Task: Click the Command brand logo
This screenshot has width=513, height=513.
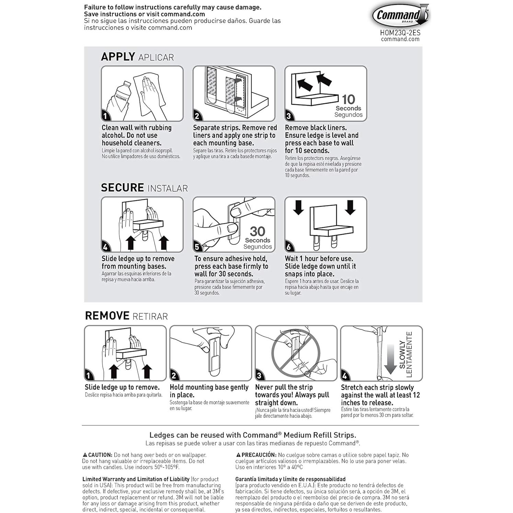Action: tap(400, 15)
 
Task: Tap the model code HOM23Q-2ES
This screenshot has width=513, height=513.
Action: tap(400, 33)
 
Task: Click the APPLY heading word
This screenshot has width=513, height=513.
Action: tap(118, 57)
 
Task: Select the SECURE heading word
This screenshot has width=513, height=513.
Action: tap(122, 187)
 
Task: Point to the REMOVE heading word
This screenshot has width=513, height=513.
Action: tap(107, 316)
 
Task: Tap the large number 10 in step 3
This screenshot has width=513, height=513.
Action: tap(348, 100)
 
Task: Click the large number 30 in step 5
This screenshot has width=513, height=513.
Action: tap(258, 231)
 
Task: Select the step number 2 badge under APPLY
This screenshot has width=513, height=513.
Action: tap(197, 116)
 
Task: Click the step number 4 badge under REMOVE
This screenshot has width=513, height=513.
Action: tap(345, 376)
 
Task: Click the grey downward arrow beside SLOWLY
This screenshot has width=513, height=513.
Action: tap(390, 359)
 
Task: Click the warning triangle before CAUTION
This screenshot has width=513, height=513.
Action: tap(85, 455)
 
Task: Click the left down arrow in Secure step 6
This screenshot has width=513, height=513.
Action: tap(298, 207)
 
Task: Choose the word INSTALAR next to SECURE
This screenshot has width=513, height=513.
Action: tap(168, 188)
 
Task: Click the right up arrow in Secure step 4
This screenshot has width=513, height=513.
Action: tap(163, 242)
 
